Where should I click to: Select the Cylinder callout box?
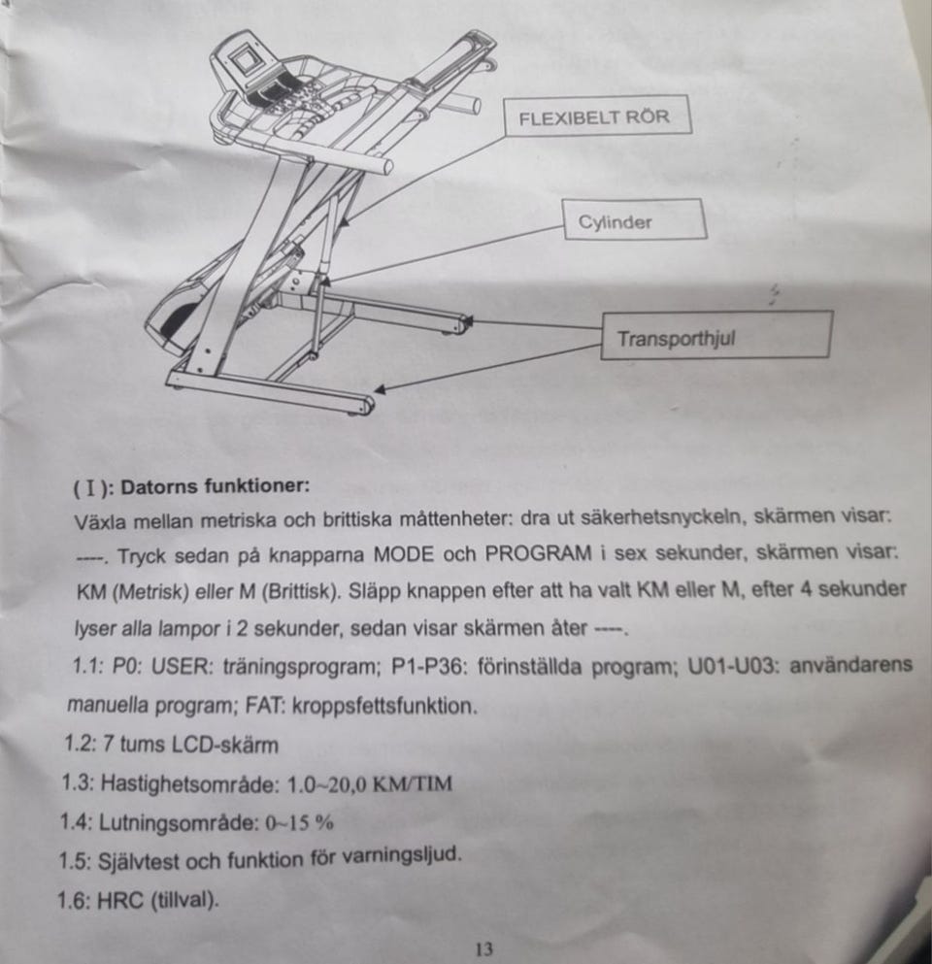point(634,219)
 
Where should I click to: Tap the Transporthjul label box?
point(716,335)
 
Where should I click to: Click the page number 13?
point(484,948)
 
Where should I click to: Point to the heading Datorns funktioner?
point(216,487)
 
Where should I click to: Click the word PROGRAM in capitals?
point(538,553)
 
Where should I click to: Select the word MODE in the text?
point(403,554)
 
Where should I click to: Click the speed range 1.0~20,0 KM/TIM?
point(370,784)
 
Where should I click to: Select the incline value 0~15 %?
point(299,822)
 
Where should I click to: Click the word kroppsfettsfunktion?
point(384,705)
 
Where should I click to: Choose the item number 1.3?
point(77,783)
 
